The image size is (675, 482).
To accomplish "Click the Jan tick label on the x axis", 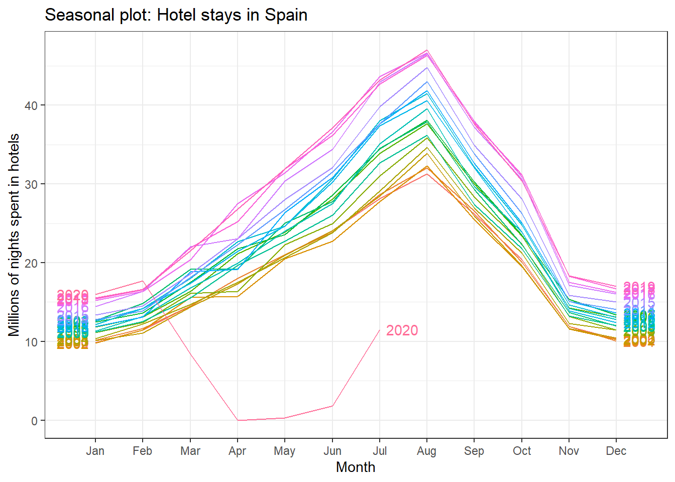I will (95, 451).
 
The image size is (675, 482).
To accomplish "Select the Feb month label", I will (142, 451).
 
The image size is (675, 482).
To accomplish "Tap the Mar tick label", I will (190, 451).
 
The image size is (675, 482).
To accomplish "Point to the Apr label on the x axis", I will (237, 451).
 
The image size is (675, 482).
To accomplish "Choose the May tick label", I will (284, 451).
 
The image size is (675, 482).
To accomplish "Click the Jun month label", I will (332, 451).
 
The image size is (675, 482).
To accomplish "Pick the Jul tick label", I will (380, 451).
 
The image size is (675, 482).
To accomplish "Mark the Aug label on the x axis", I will (426, 451).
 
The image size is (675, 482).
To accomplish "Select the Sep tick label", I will (474, 451).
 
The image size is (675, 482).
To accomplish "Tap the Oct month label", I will (522, 451).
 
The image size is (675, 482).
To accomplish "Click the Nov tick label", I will (569, 451).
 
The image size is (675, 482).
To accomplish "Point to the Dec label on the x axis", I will (616, 451).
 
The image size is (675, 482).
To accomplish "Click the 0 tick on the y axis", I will (34, 421).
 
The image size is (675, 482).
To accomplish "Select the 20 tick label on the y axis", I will (31, 263).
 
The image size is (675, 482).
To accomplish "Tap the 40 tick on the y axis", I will (31, 105).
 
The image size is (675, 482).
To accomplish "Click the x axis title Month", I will (356, 467).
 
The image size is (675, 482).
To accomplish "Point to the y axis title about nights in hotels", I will (14, 234).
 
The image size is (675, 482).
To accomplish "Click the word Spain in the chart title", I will (286, 15).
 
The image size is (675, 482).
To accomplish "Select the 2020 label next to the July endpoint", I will (402, 330).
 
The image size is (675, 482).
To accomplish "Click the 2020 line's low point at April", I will (238, 420).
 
